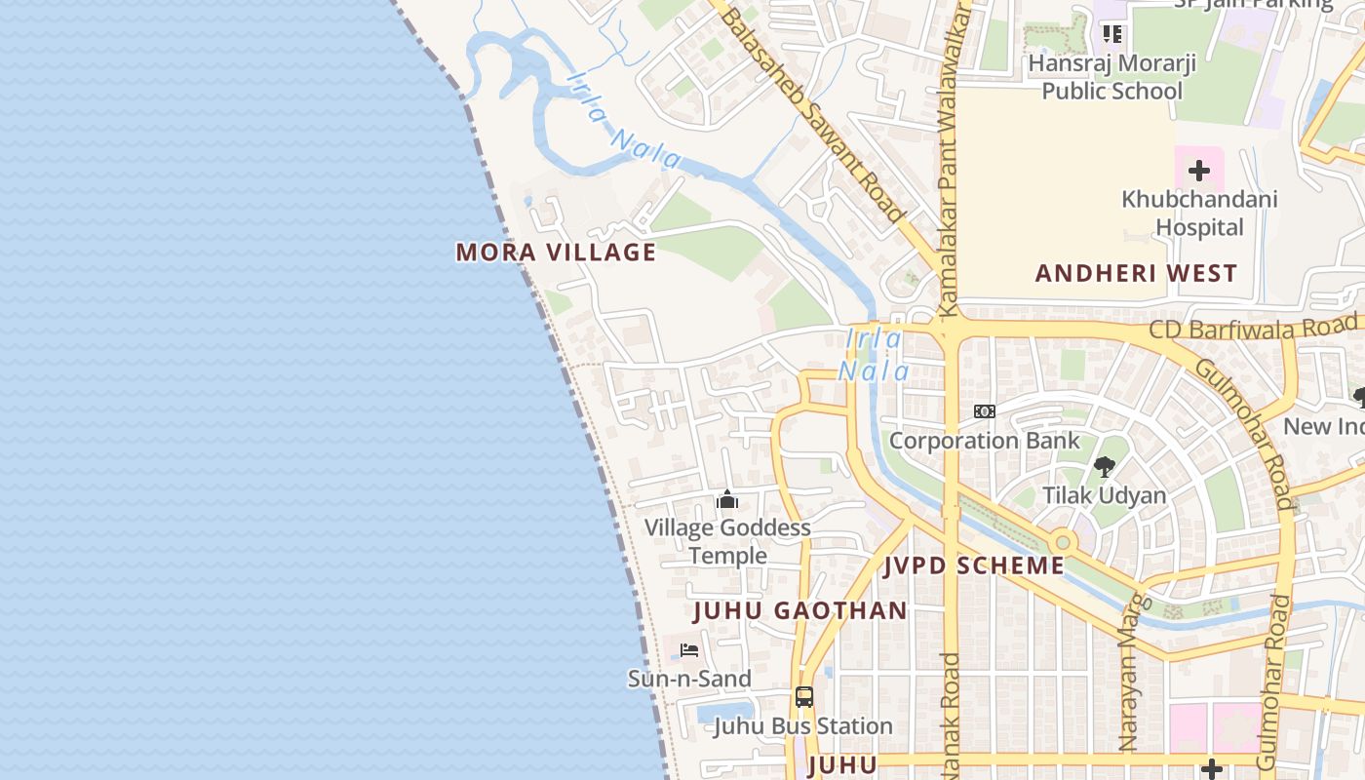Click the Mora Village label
[x=556, y=253]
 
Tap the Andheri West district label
[x=1136, y=273]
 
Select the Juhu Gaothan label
[x=799, y=611]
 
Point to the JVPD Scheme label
[x=974, y=565]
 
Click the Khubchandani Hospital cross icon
[x=1198, y=172]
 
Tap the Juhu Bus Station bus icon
[x=803, y=697]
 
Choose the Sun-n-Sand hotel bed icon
[x=689, y=650]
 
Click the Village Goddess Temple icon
[x=726, y=500]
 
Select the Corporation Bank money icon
[x=985, y=411]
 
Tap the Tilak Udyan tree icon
[x=1104, y=467]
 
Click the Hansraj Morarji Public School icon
[x=1111, y=34]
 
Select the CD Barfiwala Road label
[x=1253, y=327]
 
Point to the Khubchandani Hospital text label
[x=1198, y=214]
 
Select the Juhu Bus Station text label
[x=803, y=726]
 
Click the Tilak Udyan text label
[x=1104, y=495]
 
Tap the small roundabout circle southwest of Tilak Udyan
[x=1063, y=542]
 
